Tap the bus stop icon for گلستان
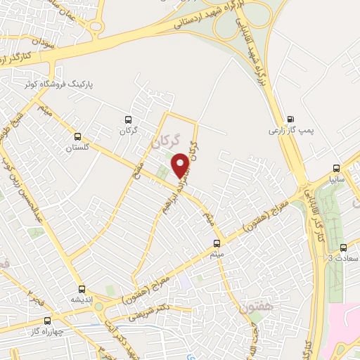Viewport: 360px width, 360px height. coord(78,136)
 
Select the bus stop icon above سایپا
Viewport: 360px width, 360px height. coord(336,168)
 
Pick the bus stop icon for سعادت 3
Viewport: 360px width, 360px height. coord(343,247)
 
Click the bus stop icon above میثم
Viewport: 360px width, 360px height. coord(217,243)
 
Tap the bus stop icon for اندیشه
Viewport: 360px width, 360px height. coord(82,288)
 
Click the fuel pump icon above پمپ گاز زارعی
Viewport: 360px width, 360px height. coord(291,119)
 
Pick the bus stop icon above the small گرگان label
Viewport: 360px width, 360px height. coord(127,120)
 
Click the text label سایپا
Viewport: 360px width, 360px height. coord(336,179)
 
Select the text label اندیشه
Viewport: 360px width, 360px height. coord(82,300)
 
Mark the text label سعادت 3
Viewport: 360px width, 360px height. coord(343,259)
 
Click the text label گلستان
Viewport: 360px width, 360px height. coord(78,148)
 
